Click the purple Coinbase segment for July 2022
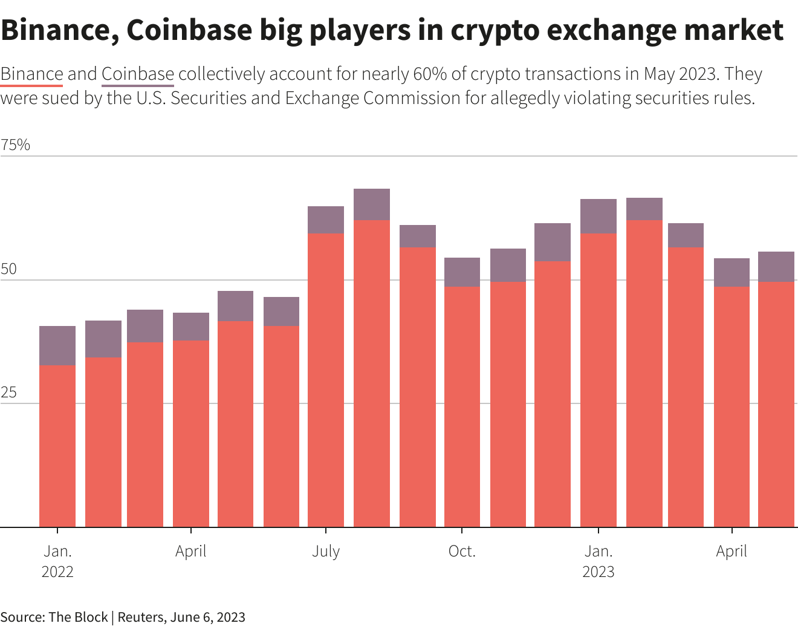(326, 220)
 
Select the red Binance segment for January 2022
(57, 446)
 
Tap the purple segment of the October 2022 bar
(462, 272)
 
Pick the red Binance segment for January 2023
(598, 380)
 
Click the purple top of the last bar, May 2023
(776, 267)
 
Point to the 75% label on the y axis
(16, 145)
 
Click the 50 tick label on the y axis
(8, 270)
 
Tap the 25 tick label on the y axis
(8, 393)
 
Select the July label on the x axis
(326, 552)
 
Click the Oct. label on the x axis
(462, 552)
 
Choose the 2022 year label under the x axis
(57, 572)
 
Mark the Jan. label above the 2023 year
(598, 552)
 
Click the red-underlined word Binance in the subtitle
(31, 74)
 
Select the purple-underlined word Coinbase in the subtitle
(138, 74)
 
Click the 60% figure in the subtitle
(430, 74)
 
